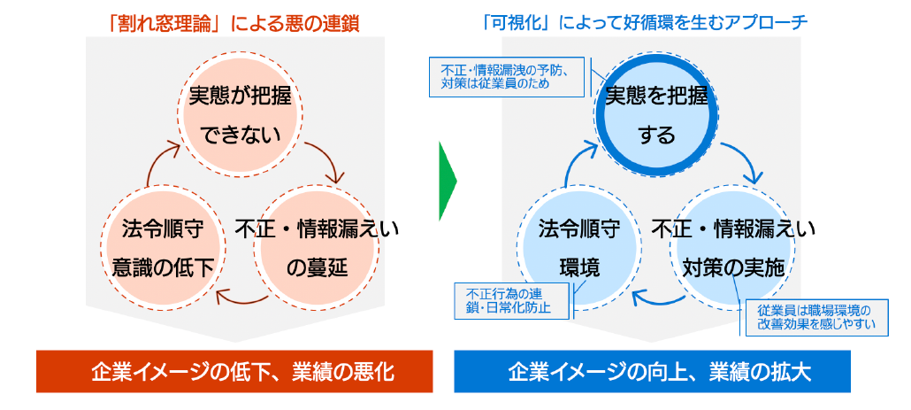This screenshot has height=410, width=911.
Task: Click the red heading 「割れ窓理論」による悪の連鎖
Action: point(233,23)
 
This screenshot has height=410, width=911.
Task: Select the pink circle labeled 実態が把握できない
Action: point(240,115)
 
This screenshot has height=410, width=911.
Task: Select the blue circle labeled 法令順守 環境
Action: point(579,249)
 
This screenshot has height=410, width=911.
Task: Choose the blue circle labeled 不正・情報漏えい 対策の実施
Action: point(733,249)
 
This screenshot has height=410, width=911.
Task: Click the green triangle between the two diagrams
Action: point(448,182)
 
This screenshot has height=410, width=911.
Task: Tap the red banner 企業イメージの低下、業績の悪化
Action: point(234,371)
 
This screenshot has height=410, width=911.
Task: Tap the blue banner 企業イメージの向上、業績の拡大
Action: point(652,371)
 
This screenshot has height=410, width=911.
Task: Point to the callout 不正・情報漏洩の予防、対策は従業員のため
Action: point(506,77)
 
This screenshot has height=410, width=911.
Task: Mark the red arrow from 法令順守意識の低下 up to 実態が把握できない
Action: point(156,164)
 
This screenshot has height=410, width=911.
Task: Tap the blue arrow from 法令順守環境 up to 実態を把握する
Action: point(574,164)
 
